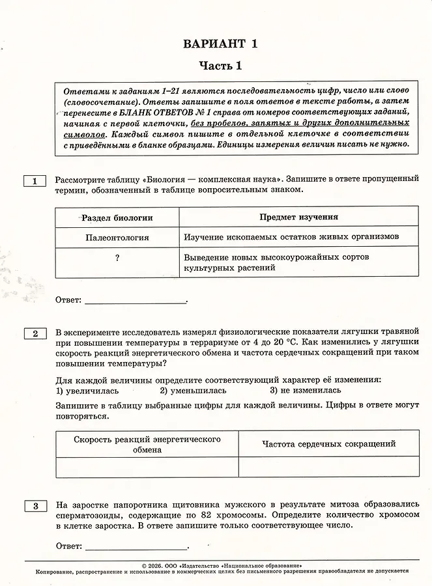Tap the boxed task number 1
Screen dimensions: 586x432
[35, 180]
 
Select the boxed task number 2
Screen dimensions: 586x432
[35, 334]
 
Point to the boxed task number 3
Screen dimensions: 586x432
[35, 506]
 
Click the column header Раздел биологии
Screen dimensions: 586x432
[117, 217]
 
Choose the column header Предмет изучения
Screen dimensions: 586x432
[298, 217]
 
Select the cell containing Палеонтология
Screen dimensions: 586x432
[117, 237]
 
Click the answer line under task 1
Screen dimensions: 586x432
[135, 301]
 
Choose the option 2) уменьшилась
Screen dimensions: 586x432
[193, 391]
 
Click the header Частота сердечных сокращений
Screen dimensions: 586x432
[328, 444]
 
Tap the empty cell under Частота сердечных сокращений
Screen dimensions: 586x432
[328, 467]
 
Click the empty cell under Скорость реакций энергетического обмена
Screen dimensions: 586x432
[147, 467]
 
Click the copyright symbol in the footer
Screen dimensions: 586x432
[144, 566]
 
